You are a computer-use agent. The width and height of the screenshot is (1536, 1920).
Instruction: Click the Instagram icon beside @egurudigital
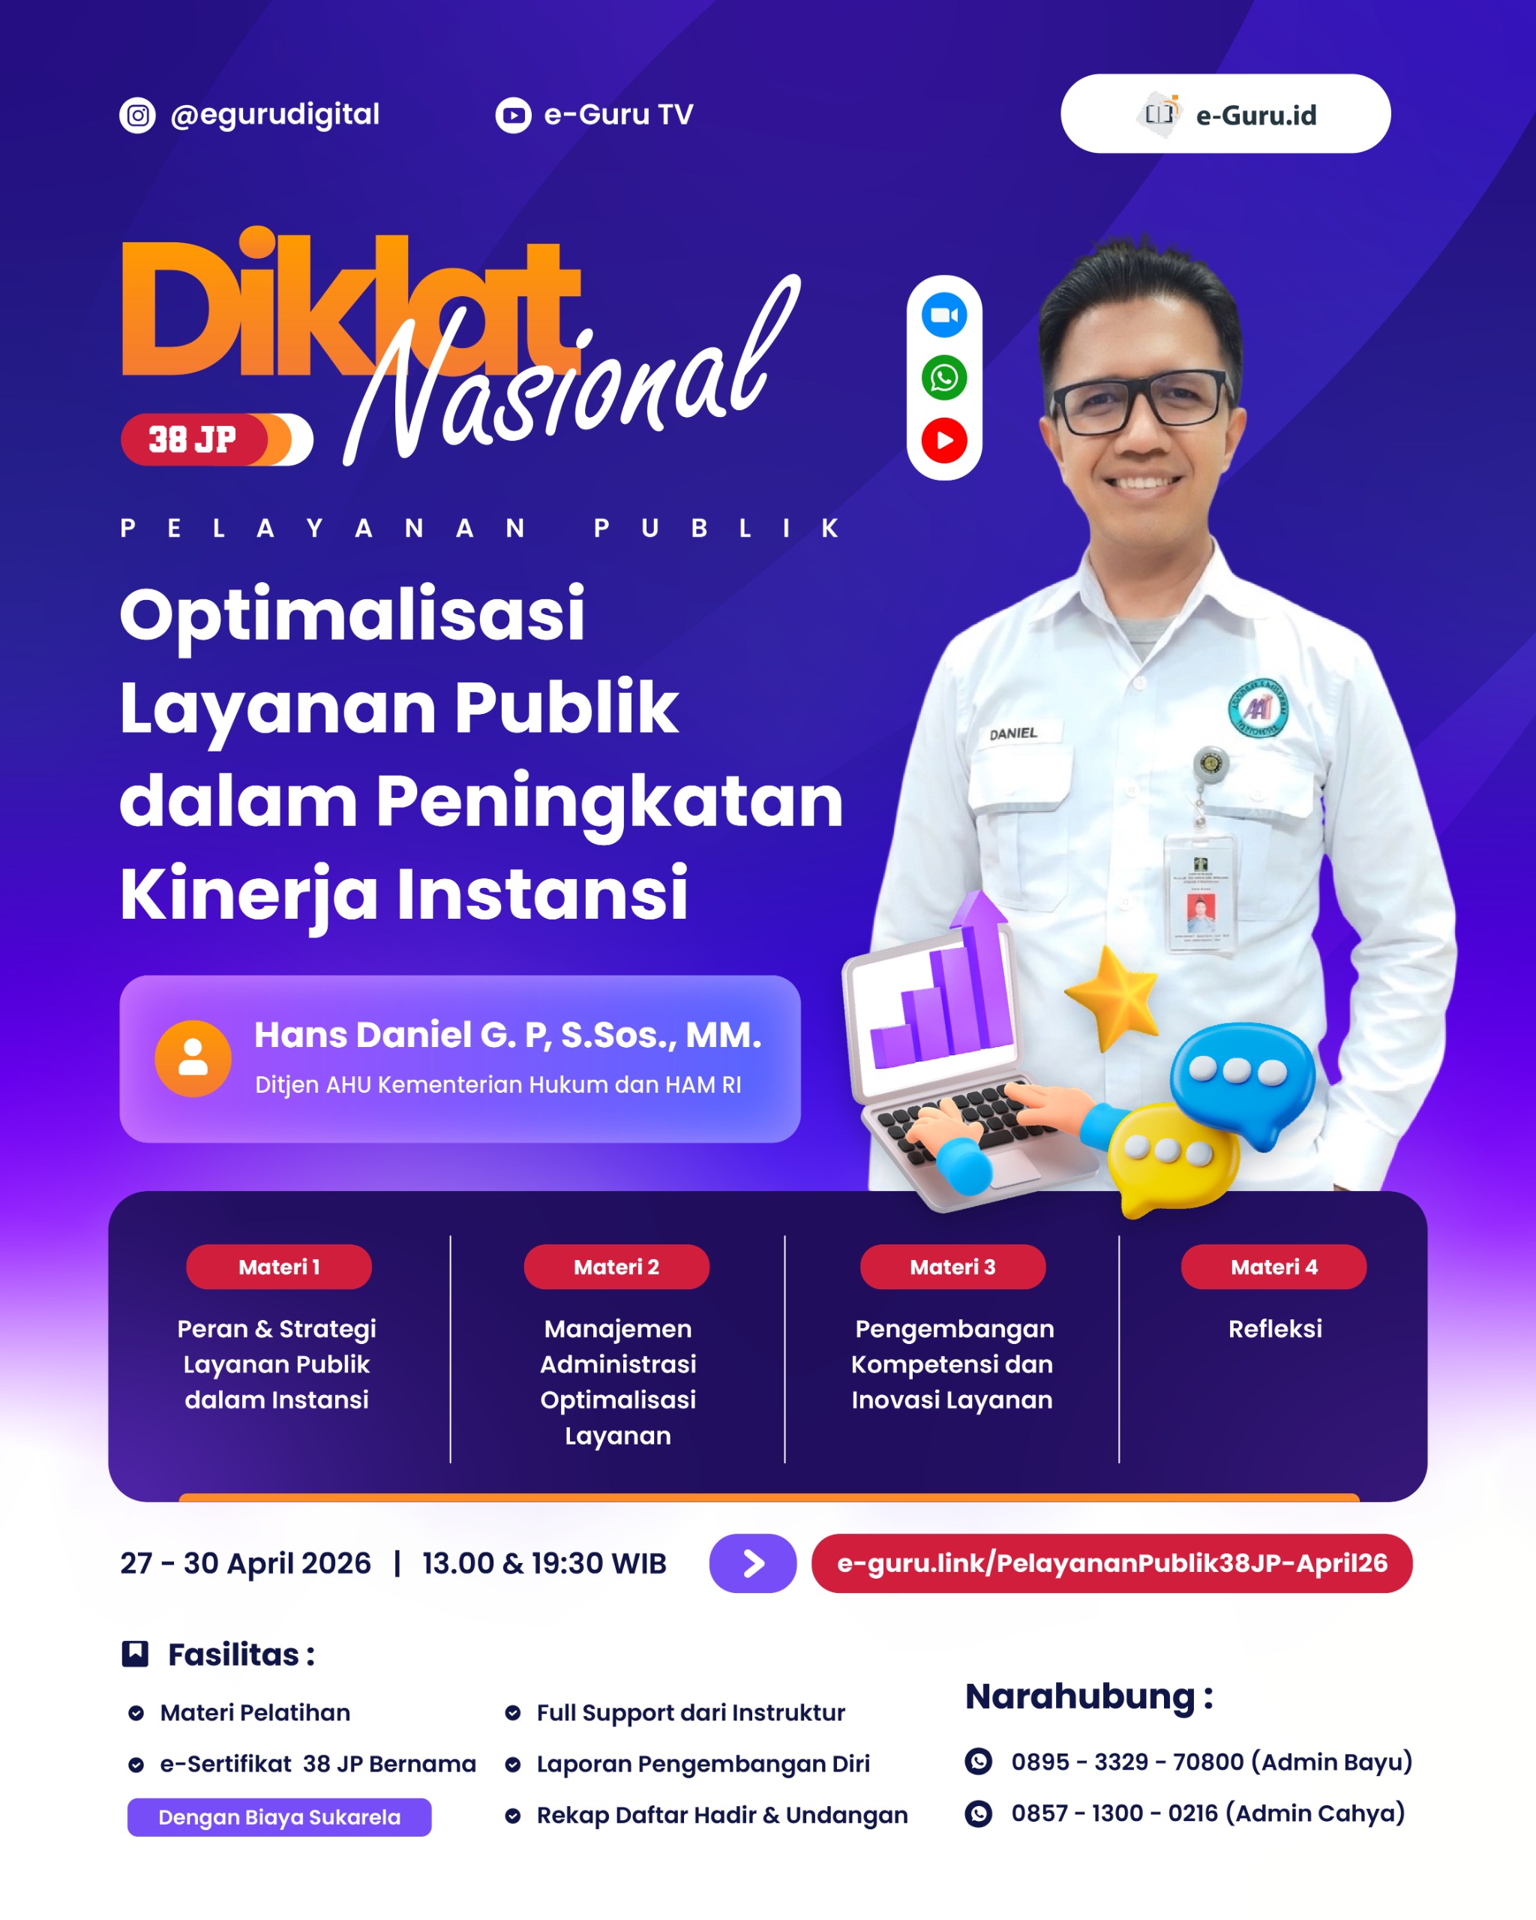[137, 115]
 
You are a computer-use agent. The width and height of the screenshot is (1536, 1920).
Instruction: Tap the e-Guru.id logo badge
[1225, 114]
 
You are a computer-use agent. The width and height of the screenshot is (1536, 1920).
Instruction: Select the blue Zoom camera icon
[943, 315]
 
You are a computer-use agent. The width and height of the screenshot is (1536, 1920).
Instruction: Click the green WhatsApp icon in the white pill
[943, 377]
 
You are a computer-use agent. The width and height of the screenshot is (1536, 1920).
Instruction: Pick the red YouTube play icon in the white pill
[943, 440]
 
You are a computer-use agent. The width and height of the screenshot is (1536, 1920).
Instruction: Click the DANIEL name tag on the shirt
[1013, 733]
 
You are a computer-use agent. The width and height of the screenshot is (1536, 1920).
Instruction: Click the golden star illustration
[1113, 997]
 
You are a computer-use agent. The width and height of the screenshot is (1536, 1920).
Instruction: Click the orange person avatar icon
[193, 1058]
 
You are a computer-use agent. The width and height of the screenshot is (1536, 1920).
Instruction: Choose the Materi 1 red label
[279, 1266]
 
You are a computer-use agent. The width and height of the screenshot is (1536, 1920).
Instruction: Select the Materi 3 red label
[952, 1266]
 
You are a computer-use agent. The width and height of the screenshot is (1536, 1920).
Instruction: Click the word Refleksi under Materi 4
[1275, 1329]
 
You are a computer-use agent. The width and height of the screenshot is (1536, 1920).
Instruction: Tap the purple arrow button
[752, 1563]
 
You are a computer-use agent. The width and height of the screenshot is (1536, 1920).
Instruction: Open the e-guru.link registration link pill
[1112, 1563]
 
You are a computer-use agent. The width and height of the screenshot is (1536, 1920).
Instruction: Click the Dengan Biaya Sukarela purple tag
[280, 1816]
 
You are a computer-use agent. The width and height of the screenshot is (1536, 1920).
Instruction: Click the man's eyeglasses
[1142, 403]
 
